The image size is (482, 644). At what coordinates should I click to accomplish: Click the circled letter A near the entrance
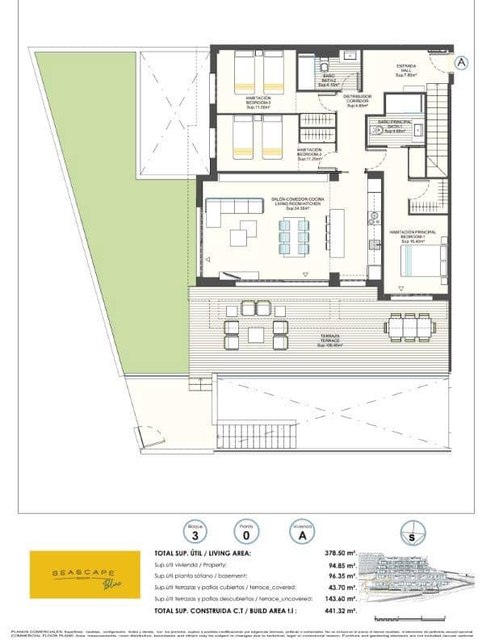click(462, 62)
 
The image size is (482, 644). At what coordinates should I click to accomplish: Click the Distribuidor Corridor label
click(358, 99)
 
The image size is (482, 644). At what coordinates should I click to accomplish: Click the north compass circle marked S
click(413, 534)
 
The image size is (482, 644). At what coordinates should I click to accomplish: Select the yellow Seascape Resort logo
click(75, 574)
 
